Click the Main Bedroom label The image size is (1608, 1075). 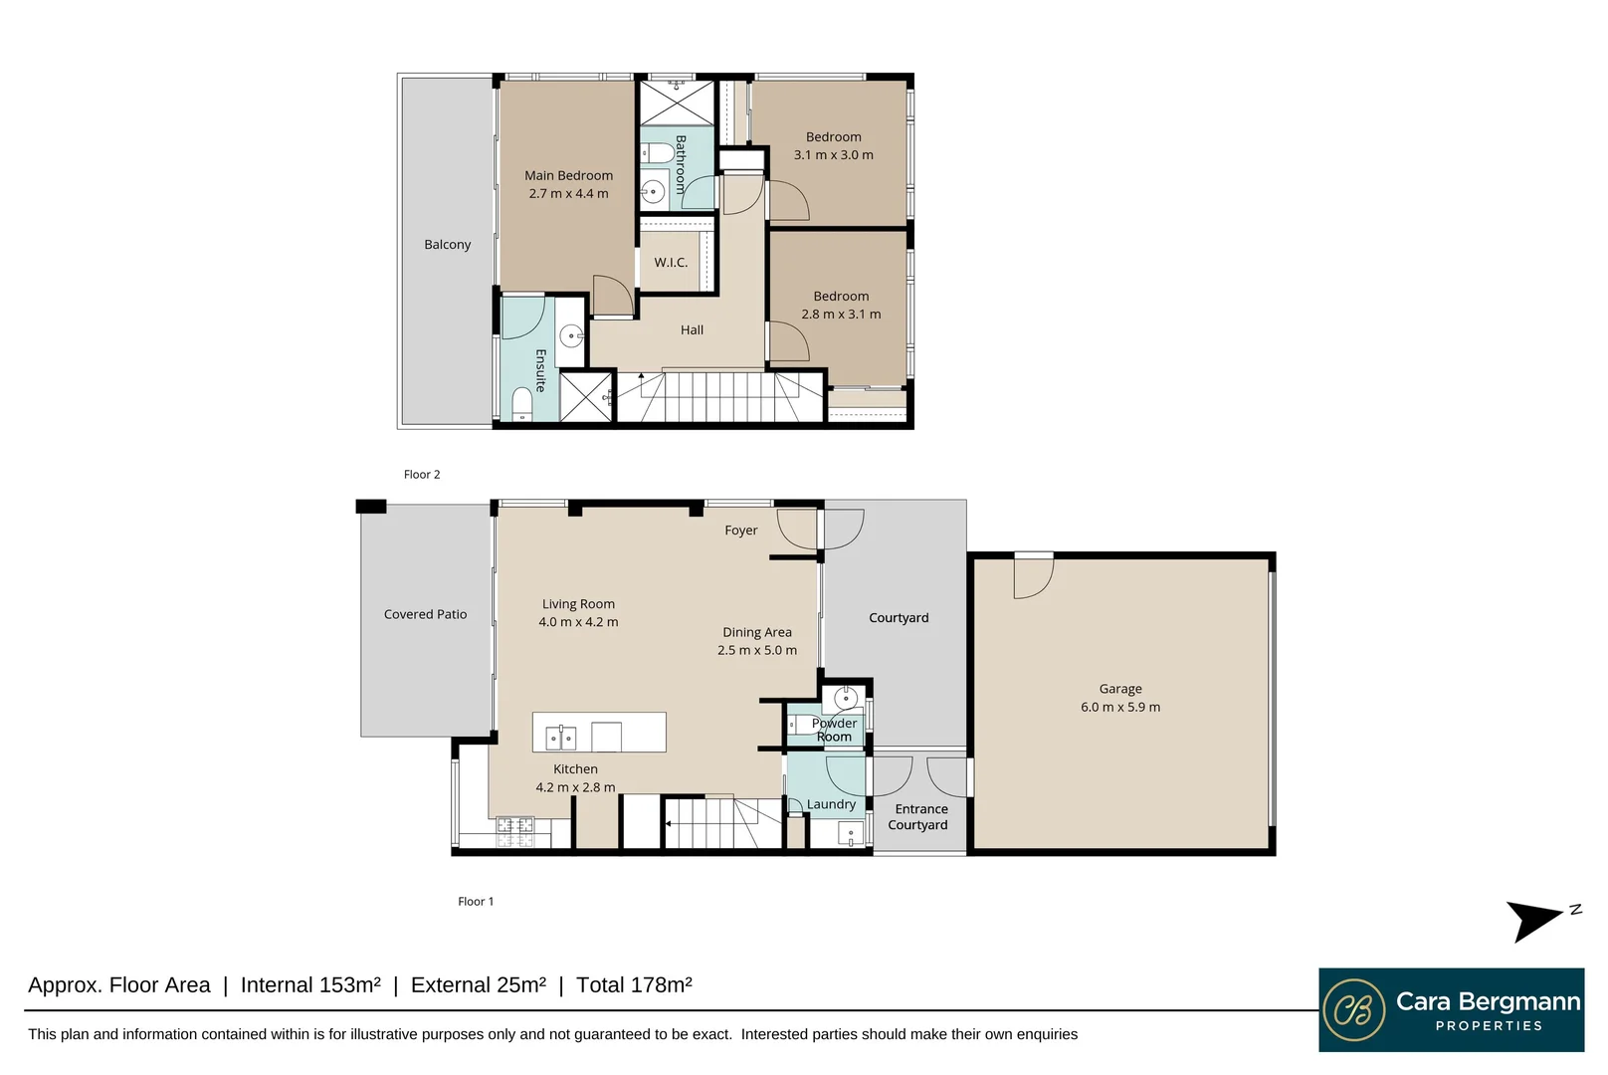[x=568, y=175]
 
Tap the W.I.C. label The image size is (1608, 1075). [x=671, y=263]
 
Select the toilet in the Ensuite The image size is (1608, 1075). [x=521, y=403]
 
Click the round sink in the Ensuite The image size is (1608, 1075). [x=571, y=335]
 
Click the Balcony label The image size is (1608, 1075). [x=447, y=245]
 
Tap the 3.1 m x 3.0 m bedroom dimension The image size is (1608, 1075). [x=833, y=155]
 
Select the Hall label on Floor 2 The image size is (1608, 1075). [x=692, y=330]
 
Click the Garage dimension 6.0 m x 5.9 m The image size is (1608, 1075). [x=1119, y=708]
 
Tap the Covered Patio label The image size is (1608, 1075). [x=425, y=615]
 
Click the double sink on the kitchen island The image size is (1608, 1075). [x=561, y=738]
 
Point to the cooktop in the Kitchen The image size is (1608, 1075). [x=515, y=831]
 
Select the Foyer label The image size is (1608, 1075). [x=740, y=531]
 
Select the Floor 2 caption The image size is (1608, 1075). [x=422, y=475]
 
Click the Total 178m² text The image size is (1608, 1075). [x=634, y=985]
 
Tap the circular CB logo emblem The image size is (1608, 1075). [x=1354, y=1010]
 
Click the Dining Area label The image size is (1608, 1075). [x=756, y=632]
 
